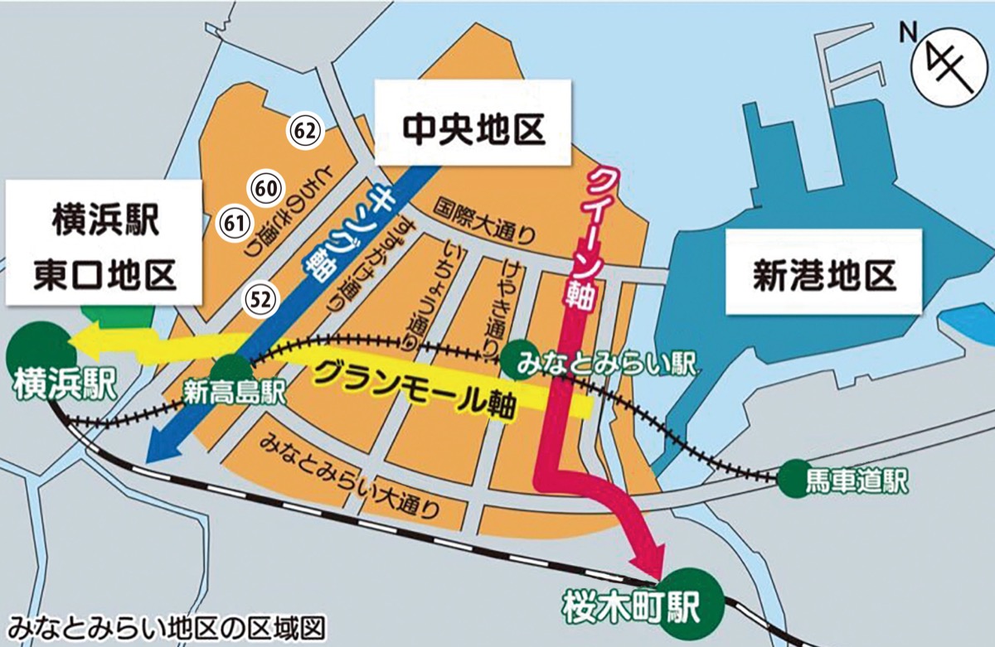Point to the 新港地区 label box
click(x=824, y=271)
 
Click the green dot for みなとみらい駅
click(x=517, y=358)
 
